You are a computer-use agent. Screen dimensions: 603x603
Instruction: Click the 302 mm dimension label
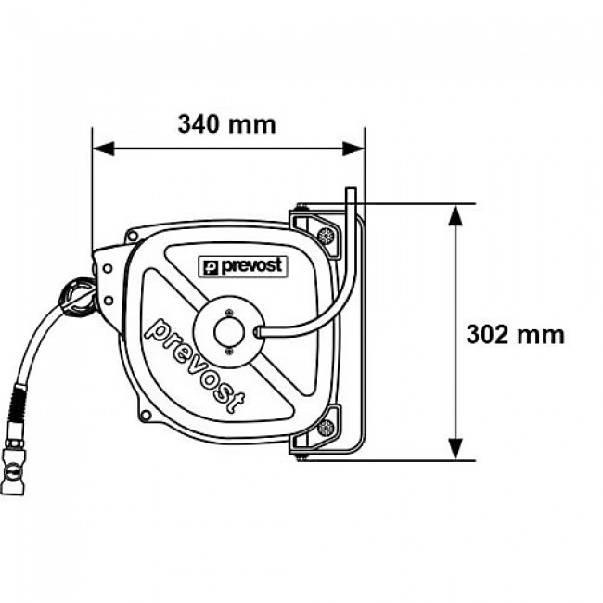point(516,334)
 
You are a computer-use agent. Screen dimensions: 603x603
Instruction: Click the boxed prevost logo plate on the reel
point(243,266)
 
